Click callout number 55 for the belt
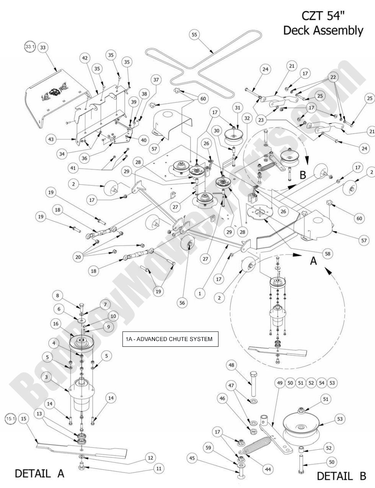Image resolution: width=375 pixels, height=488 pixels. coord(194,35)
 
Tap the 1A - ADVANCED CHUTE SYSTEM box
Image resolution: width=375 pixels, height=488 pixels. coord(170,339)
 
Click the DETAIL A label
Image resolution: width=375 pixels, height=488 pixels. coord(39,473)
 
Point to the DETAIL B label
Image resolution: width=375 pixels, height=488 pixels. coord(342,476)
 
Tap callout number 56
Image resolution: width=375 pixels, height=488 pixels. coord(182,302)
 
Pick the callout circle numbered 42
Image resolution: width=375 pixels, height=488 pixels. coord(85,58)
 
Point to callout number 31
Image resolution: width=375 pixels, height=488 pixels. coord(238,108)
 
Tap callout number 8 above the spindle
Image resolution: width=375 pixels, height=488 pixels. coord(57,295)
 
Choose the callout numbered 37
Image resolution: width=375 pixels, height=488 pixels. coord(156,80)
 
